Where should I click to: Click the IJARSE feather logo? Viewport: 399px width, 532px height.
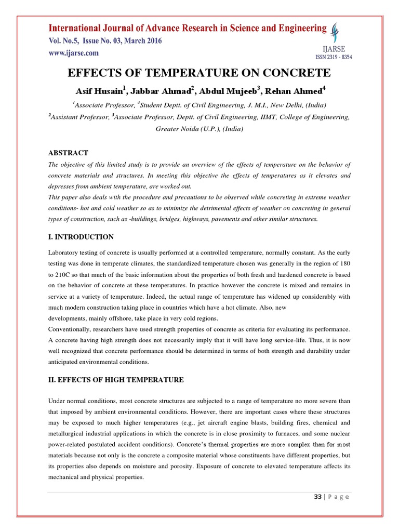[337, 33]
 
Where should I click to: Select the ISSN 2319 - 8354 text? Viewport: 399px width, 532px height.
[334, 57]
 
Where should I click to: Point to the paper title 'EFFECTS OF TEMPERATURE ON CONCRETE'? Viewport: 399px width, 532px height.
[199, 72]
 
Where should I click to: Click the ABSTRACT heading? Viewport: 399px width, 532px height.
[68, 153]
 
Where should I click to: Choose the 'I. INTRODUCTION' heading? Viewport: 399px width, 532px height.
[81, 237]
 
